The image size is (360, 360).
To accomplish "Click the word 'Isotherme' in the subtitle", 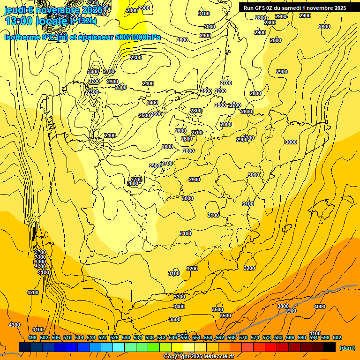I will pyautogui.click(x=22, y=37).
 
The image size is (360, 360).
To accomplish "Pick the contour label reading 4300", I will pyautogui.click(x=15, y=325).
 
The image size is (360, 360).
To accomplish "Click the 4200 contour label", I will pyautogui.click(x=33, y=292).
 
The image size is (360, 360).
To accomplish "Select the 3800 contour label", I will pyautogui.click(x=283, y=306).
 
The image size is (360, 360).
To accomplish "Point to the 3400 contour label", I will pyautogui.click(x=179, y=307).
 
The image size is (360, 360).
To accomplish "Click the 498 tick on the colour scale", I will pyautogui.click(x=32, y=337).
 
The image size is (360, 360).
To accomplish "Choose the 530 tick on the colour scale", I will pyautogui.click(x=126, y=337).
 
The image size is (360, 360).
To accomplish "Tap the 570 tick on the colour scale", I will pyautogui.click(x=243, y=337).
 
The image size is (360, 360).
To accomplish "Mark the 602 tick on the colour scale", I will pyautogui.click(x=337, y=337).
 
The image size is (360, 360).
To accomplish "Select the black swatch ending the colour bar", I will pyautogui.click(x=330, y=347).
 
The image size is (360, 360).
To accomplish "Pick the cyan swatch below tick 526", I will pyautogui.click(x=119, y=347).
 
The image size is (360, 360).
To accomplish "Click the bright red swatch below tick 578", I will pyautogui.click(x=271, y=347).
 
